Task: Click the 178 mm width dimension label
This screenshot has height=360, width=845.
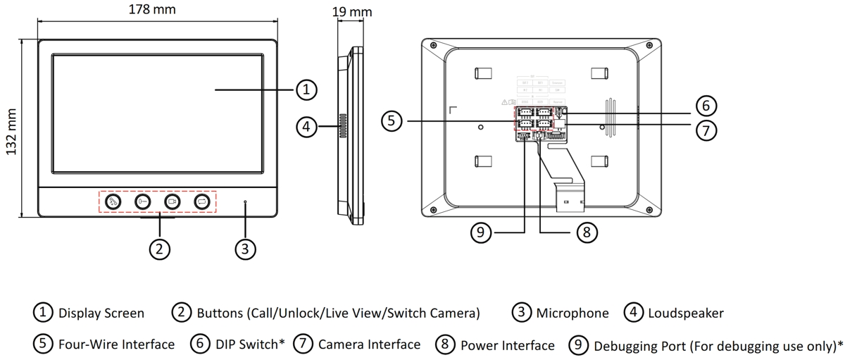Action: point(152,10)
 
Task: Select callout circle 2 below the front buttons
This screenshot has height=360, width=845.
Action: point(160,248)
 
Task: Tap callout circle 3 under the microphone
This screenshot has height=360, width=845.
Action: point(245,248)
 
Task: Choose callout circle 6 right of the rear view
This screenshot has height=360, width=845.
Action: point(706,106)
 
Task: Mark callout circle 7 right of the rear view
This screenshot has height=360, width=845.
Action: point(706,130)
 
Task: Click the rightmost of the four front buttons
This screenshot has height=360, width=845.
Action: point(202,202)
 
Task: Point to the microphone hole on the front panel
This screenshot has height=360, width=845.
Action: point(245,202)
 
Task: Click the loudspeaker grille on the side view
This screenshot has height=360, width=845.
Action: point(344,126)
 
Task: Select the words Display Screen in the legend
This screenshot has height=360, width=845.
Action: point(101,313)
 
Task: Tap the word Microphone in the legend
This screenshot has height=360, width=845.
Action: point(572,313)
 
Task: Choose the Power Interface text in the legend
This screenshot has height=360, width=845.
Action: point(507,345)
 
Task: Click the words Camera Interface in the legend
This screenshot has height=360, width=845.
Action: point(369,345)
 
